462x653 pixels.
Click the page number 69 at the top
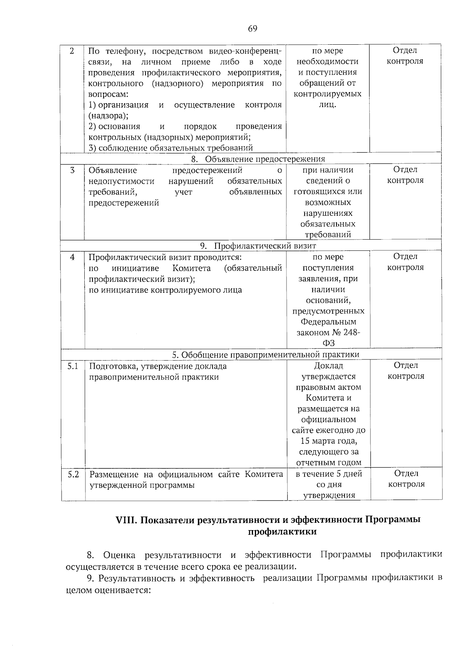[x=253, y=29]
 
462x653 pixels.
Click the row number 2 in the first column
[x=72, y=51]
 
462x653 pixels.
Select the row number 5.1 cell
[x=73, y=366]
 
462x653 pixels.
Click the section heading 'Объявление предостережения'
[x=264, y=159]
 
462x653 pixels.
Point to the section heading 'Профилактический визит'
[x=265, y=246]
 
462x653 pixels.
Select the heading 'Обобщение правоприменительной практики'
[x=270, y=354]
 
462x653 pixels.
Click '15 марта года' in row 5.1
[x=329, y=441]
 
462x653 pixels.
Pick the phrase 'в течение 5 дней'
[x=329, y=474]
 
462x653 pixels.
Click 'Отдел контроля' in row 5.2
[x=406, y=479]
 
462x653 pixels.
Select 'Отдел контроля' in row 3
[x=405, y=175]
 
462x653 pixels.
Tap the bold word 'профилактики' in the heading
[x=282, y=532]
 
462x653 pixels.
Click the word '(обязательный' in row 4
[x=253, y=268]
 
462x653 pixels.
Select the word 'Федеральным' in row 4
[x=328, y=322]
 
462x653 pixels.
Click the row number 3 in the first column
[x=72, y=170]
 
